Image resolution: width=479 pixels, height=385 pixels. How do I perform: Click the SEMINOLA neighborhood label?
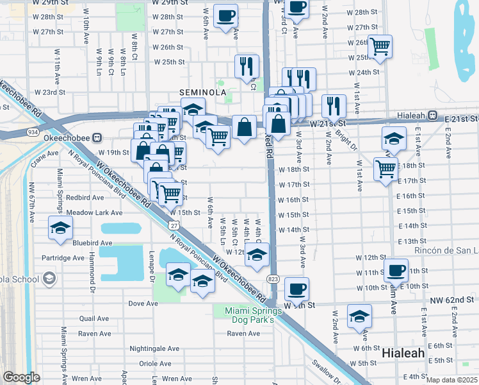pos(203,92)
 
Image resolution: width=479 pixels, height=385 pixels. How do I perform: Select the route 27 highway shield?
pos(174,226)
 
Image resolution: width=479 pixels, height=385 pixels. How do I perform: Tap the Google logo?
pos(21,377)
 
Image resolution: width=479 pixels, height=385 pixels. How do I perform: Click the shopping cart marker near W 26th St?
pos(380,46)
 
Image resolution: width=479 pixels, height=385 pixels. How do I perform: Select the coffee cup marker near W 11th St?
pos(396,270)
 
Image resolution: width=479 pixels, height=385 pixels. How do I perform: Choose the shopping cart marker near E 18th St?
pos(386,169)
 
